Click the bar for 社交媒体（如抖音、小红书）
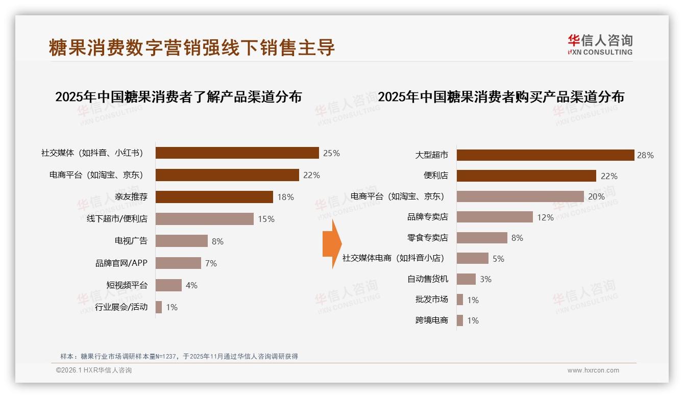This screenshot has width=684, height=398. (237, 153)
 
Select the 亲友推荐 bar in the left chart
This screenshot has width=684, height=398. (214, 197)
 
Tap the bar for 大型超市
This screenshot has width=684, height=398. (545, 155)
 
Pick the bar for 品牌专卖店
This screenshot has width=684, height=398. (494, 217)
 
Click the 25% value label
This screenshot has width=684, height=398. (331, 153)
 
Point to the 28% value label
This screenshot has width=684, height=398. (645, 155)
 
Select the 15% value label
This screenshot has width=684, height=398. (266, 219)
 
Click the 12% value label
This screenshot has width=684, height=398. (545, 217)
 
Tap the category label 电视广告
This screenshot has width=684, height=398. (131, 241)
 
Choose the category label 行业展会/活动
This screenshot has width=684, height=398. (121, 307)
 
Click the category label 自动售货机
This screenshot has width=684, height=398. (427, 279)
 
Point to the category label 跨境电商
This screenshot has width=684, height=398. (431, 320)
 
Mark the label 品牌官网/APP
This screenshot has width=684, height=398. (121, 263)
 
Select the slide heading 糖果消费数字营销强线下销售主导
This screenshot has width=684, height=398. (192, 47)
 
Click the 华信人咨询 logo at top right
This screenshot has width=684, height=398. (600, 45)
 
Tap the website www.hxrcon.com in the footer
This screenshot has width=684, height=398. (593, 370)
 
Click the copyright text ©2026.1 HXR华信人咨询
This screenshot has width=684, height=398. (93, 370)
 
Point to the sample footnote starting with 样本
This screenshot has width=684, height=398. (179, 357)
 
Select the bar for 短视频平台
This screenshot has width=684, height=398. (168, 285)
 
